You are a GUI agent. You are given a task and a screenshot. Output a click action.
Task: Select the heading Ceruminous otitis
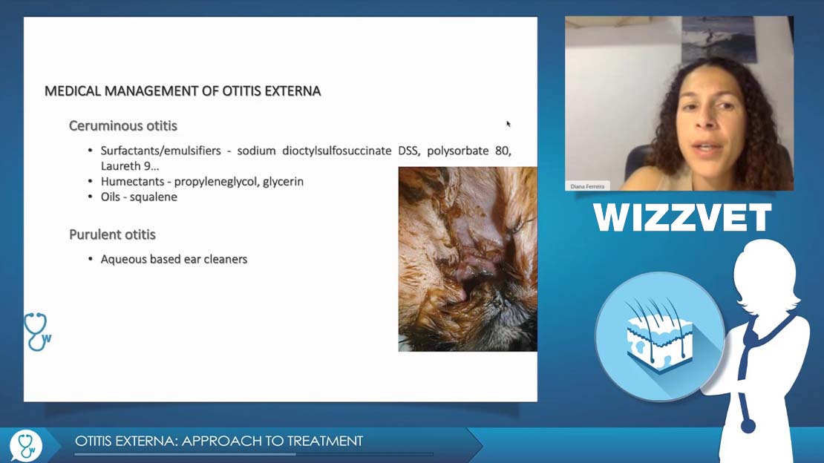(x=123, y=125)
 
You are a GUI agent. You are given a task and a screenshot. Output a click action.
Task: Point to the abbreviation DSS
(x=408, y=151)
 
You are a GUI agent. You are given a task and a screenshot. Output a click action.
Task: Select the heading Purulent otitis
(x=112, y=234)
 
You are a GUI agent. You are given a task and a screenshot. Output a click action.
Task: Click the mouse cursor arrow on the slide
(x=509, y=124)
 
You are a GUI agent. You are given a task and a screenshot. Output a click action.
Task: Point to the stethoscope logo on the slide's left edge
(x=37, y=332)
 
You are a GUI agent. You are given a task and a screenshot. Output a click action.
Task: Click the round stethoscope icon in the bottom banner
(x=26, y=445)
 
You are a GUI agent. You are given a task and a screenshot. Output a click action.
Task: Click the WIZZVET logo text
(x=682, y=217)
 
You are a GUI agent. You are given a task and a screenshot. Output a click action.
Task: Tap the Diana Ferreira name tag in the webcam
(x=587, y=186)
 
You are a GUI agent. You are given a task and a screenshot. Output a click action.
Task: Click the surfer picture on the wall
(x=719, y=39)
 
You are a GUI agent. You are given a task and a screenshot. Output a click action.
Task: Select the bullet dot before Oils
(x=91, y=197)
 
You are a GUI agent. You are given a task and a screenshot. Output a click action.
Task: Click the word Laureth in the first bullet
(x=122, y=166)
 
